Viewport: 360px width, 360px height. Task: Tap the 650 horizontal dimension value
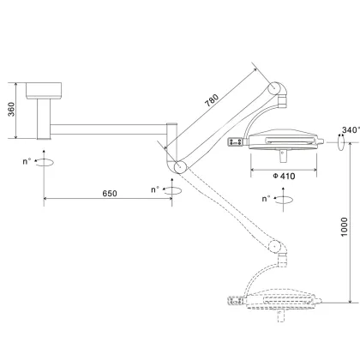(109, 194)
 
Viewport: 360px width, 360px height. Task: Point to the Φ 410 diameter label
(284, 177)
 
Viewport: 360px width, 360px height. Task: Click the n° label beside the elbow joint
(155, 189)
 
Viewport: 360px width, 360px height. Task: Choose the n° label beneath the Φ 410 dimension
(268, 198)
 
